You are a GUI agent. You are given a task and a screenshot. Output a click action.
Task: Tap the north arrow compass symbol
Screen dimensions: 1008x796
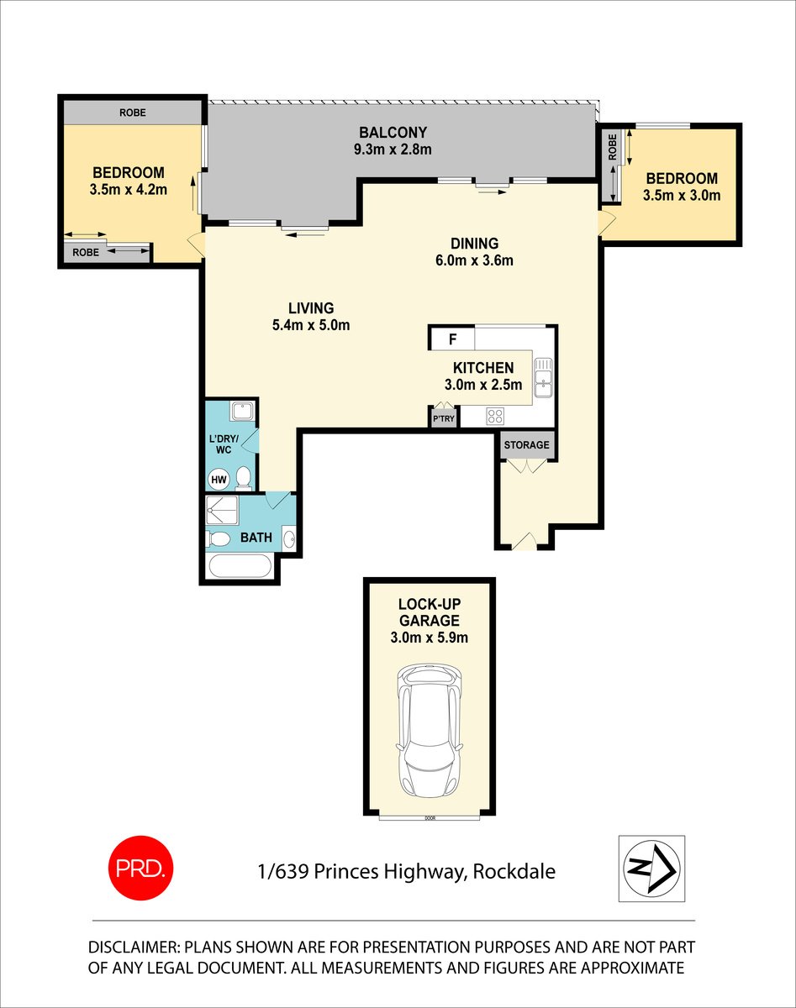pos(651,869)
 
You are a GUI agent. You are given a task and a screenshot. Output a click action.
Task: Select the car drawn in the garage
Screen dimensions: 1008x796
pos(429,731)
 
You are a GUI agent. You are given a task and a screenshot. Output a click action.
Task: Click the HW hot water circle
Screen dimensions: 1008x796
pos(219,480)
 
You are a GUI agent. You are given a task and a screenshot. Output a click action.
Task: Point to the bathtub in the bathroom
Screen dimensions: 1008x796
pos(240,566)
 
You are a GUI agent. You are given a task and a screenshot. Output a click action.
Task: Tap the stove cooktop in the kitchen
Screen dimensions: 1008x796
pos(496,415)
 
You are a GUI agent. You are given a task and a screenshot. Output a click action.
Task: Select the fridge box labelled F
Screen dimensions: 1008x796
pos(452,339)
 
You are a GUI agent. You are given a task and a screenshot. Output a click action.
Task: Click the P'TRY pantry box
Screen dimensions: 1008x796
pos(442,417)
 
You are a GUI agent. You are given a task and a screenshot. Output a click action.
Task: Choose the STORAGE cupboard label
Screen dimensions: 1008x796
pos(527,445)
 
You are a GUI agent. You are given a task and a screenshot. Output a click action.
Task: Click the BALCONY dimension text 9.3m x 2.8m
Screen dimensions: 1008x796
pos(393,150)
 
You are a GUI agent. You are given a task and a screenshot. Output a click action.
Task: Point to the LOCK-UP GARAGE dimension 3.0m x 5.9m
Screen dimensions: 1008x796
pos(429,638)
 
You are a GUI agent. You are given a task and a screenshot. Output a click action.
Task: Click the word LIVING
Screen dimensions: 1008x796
pos(311,308)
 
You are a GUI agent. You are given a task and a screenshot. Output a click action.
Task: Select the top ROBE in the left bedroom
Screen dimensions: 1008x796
pos(133,112)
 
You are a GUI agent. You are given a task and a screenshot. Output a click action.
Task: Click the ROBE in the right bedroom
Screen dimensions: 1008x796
pos(611,148)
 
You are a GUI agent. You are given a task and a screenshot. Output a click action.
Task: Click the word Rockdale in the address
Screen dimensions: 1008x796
pos(514,871)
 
